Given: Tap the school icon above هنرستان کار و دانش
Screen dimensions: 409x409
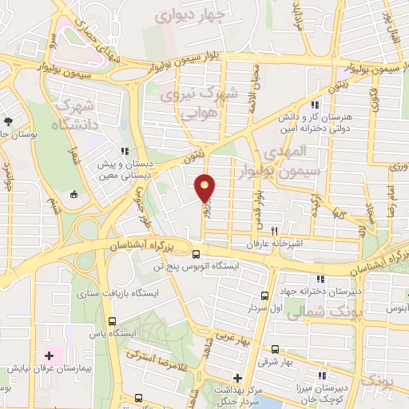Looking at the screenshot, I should (316, 105).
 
